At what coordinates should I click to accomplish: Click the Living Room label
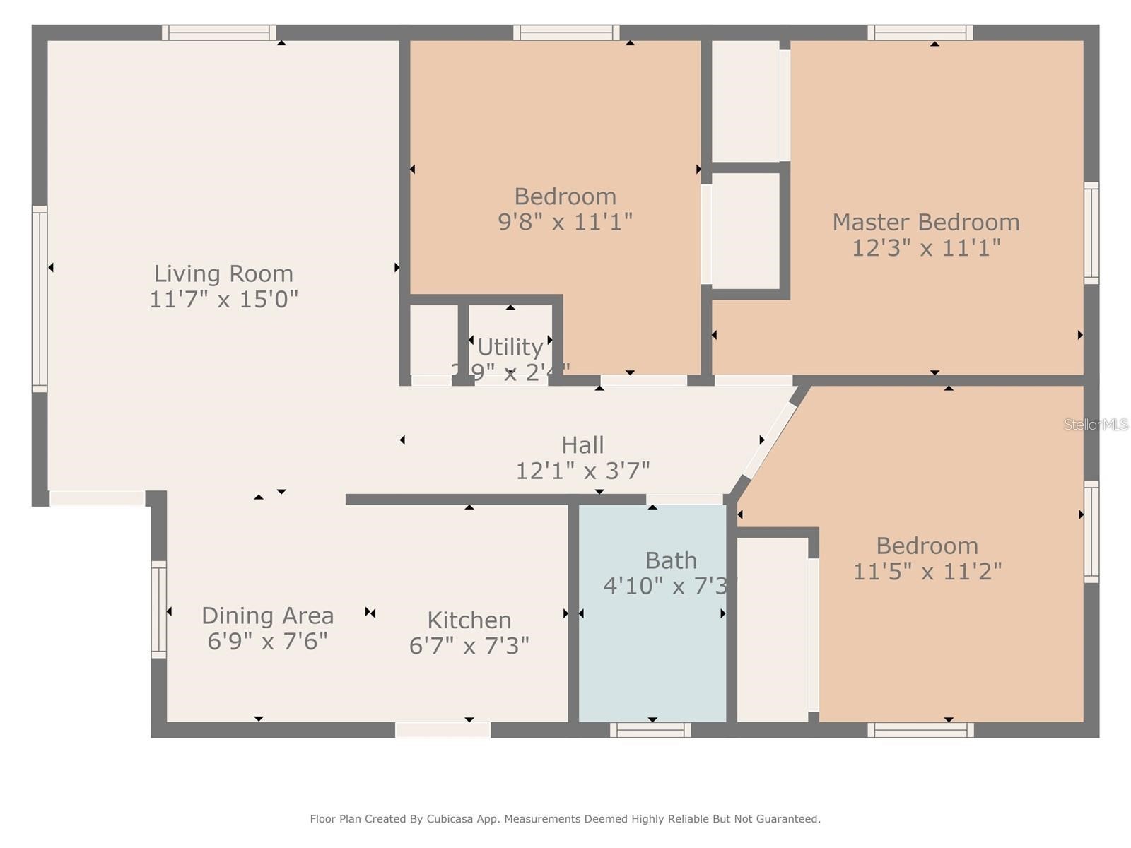(x=223, y=273)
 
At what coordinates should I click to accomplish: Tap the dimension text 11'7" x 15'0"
(x=223, y=300)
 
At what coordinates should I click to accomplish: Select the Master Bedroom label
(x=925, y=222)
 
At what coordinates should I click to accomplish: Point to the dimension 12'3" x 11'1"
(x=925, y=248)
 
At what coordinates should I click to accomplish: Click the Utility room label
(x=510, y=347)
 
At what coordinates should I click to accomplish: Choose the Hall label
(x=582, y=444)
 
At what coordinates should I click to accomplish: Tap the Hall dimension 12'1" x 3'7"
(x=582, y=471)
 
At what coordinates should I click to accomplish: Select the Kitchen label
(x=469, y=620)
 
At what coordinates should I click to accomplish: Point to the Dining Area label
(x=267, y=616)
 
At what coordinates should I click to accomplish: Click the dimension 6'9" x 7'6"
(x=267, y=642)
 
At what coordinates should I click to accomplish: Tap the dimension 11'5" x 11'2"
(x=927, y=571)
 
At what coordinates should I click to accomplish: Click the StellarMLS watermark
(x=1095, y=424)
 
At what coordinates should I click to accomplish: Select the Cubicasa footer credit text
(x=565, y=819)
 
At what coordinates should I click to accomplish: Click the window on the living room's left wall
(x=40, y=298)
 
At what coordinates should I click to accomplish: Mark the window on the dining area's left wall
(x=159, y=609)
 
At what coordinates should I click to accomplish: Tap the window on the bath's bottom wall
(x=650, y=730)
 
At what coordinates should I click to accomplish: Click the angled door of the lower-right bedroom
(x=769, y=440)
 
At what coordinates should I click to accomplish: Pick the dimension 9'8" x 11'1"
(x=565, y=222)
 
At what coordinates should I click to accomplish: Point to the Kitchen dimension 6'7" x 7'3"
(x=469, y=646)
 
